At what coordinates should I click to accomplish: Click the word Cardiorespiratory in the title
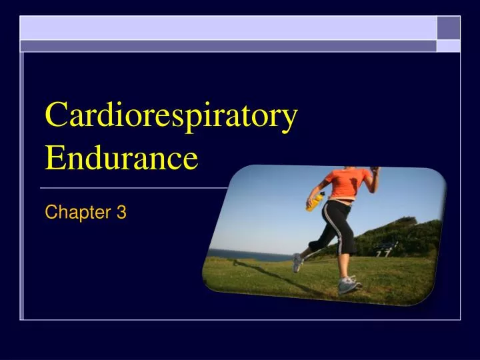pyautogui.click(x=171, y=117)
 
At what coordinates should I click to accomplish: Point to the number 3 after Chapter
pyautogui.click(x=121, y=213)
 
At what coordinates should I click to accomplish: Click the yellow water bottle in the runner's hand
pyautogui.click(x=315, y=201)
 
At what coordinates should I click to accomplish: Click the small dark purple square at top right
pyautogui.click(x=448, y=27)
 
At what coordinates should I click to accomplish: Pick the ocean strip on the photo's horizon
pyautogui.click(x=250, y=255)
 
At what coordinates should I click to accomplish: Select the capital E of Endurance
pyautogui.click(x=54, y=159)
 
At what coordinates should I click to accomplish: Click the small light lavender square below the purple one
pyautogui.click(x=448, y=45)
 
